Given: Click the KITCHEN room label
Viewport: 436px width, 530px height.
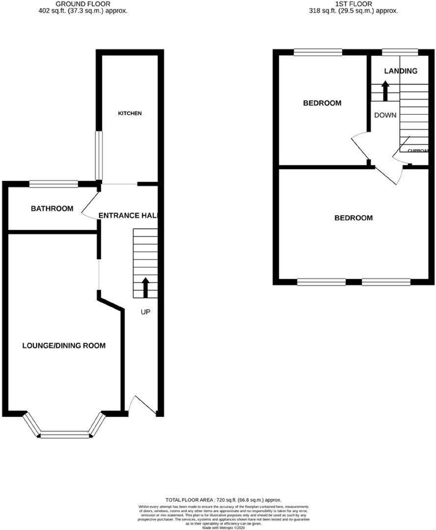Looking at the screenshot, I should tap(130, 113).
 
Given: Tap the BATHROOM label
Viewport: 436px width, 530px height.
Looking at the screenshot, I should tap(52, 209).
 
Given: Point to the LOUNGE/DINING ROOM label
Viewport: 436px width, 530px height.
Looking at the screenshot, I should tap(64, 345).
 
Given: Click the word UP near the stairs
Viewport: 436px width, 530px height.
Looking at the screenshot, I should tap(145, 312).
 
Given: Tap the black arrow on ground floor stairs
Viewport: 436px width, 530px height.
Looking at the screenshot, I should tap(145, 288).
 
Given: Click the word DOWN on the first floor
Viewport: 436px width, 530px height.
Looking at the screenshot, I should tap(385, 115).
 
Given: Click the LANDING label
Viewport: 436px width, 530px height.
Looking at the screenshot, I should tap(401, 71).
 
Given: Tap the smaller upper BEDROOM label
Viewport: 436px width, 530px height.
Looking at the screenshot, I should tap(322, 103).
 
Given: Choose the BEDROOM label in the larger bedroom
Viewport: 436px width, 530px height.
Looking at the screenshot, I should tap(353, 218).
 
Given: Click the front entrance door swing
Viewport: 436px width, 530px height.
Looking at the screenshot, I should tap(141, 404).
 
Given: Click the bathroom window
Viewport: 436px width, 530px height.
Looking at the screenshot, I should tap(54, 184).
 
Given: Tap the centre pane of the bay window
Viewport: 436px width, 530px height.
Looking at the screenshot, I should tap(65, 434).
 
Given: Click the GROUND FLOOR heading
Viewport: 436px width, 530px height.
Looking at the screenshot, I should tap(82, 4).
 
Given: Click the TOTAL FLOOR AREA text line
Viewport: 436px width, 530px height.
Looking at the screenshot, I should tap(218, 500).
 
